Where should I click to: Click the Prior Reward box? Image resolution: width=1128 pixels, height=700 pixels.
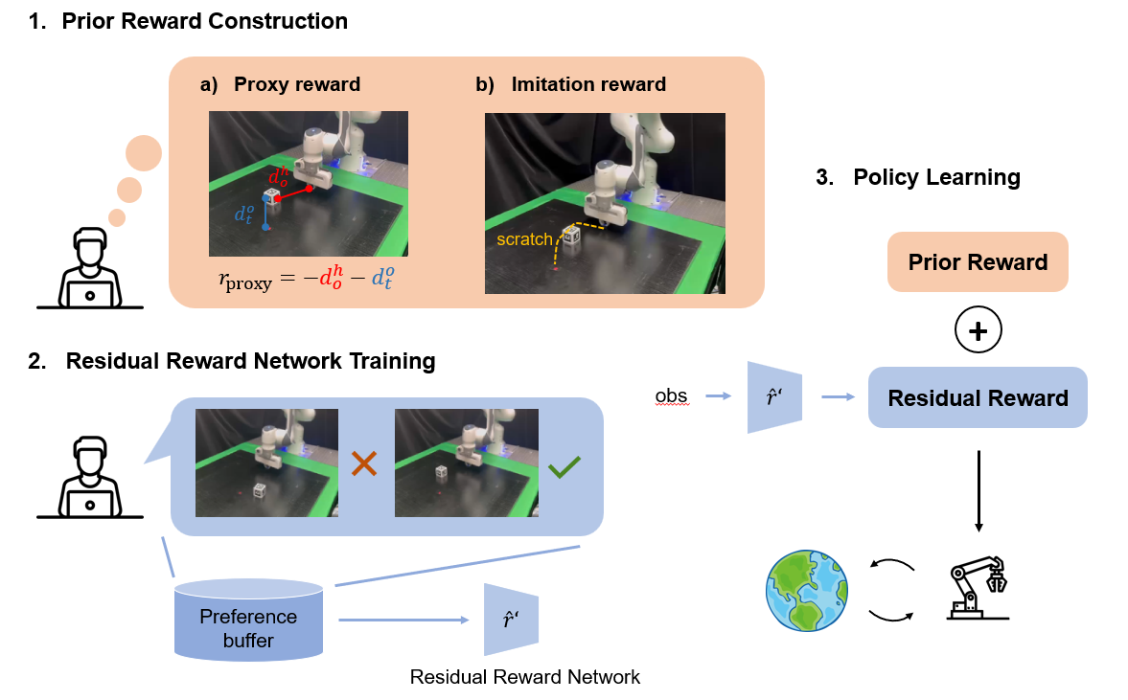point(978,262)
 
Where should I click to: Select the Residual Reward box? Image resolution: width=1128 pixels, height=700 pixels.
point(978,397)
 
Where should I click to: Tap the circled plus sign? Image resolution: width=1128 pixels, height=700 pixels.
point(978,330)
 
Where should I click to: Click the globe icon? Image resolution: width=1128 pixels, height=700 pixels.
point(807,591)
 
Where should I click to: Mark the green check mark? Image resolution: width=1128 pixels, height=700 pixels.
point(564,467)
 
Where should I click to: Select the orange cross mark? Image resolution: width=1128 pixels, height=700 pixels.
point(364,465)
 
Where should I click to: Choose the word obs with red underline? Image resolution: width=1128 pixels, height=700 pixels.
point(671,395)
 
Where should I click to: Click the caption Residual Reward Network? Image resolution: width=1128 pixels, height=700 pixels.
point(524,677)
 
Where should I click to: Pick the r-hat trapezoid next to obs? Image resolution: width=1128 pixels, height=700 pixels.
point(774,396)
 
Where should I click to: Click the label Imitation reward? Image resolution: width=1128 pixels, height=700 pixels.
point(587,84)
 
